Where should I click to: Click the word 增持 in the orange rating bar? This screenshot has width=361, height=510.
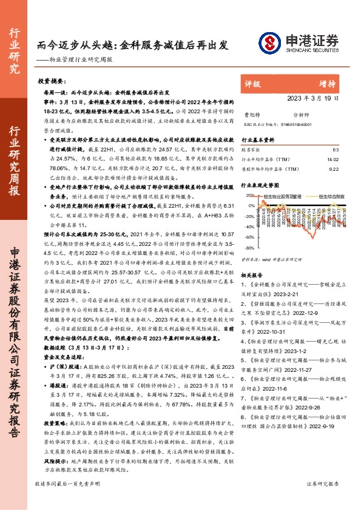coord(328,85)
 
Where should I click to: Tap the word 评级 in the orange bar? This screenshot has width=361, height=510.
coord(252,85)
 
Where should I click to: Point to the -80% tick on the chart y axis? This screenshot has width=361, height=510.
coord(249,248)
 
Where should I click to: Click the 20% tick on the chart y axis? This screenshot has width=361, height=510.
coord(249,196)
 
